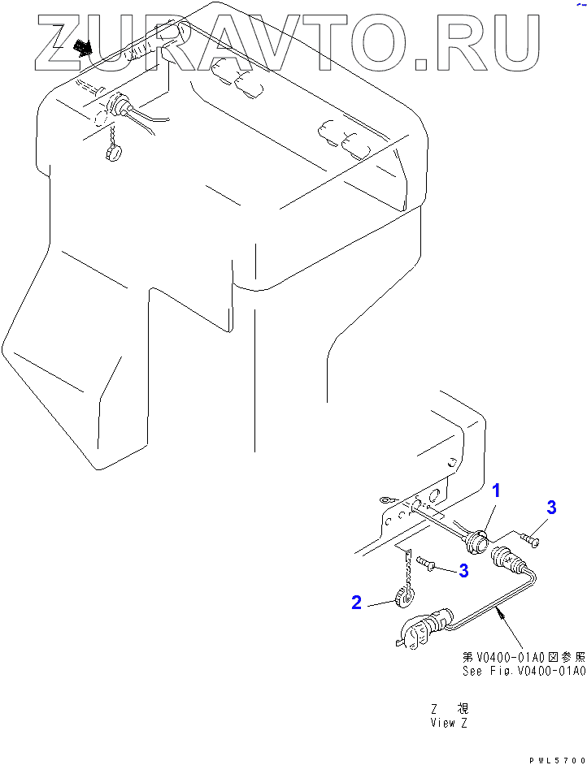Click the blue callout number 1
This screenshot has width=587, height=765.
497,491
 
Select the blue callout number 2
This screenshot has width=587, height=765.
356,602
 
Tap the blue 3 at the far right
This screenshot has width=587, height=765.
551,508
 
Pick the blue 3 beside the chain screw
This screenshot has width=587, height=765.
463,571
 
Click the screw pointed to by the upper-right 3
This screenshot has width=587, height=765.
530,537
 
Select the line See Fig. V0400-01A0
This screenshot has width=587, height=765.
524,671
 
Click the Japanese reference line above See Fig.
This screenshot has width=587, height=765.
524,657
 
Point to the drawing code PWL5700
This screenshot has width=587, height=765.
557,759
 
